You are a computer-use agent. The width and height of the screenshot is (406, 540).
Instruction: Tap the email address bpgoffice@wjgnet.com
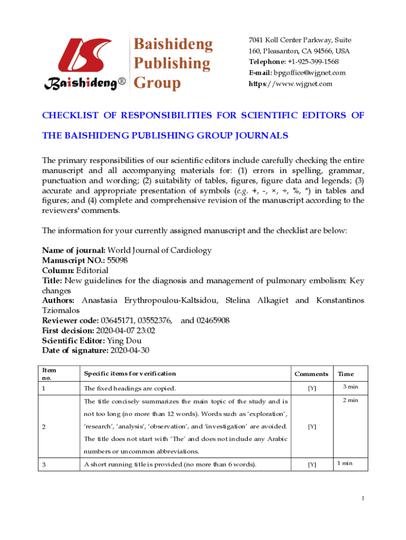[x=311, y=73]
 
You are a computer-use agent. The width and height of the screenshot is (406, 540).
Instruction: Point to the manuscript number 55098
[x=117, y=260]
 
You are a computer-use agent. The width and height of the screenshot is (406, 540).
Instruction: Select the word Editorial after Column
[x=92, y=270]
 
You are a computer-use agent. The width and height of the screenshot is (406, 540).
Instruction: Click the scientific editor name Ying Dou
[x=121, y=340]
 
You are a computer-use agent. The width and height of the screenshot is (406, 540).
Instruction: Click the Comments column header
[x=311, y=374]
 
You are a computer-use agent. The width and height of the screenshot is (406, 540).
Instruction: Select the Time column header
[x=346, y=374]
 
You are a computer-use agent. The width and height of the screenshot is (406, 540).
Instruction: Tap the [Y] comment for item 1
[x=312, y=389]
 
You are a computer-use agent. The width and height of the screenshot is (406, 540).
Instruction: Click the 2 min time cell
[x=350, y=400]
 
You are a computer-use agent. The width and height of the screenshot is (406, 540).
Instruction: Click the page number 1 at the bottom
[x=363, y=498]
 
